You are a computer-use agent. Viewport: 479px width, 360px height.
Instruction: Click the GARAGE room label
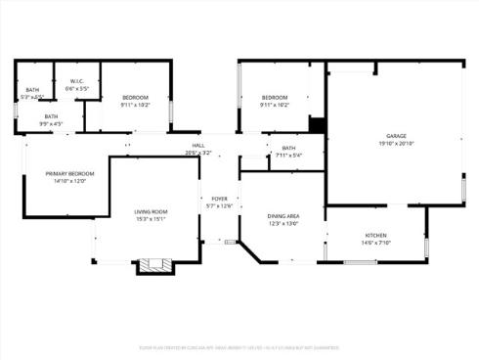395,136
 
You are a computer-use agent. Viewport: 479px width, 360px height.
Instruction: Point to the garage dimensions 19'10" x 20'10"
395,144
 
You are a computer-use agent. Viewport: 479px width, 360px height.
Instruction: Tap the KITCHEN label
376,236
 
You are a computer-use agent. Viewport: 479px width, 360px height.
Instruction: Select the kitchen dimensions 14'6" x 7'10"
376,244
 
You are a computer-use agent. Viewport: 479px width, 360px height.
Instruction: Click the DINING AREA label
283,216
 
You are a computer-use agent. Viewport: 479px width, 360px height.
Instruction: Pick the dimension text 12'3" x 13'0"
283,224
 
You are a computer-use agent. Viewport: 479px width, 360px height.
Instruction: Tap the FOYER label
220,199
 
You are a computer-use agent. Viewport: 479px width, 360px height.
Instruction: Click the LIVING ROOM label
152,211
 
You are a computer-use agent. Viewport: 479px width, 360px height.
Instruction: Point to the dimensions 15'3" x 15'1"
152,219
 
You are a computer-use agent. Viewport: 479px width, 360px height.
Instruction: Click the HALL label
198,146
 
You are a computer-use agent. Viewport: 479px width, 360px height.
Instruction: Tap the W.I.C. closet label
77,81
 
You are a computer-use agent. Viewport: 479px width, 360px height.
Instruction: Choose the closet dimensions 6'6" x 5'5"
77,89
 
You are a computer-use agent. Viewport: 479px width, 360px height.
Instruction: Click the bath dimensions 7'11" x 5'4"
288,155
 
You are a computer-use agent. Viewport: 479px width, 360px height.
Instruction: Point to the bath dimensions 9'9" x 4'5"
51,123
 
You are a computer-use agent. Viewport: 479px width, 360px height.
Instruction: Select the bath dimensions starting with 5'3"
34,97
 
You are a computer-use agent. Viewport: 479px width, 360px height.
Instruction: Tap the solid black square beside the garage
317,124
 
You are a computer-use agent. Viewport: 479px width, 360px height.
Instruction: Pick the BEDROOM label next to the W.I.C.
135,97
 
